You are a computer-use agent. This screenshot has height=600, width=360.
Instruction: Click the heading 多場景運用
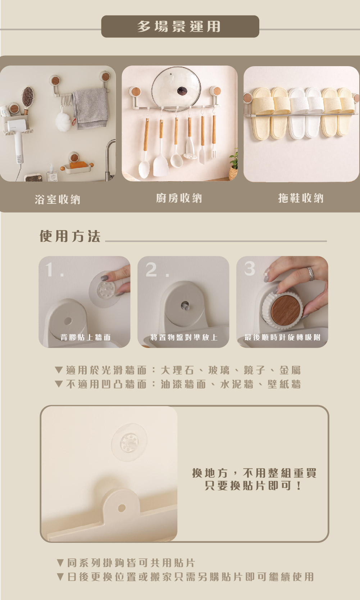coord(179,27)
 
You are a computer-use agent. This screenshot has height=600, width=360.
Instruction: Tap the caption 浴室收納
coord(58,200)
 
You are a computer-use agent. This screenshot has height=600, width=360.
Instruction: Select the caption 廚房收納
coord(179,198)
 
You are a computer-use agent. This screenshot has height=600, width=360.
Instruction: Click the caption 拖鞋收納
coord(301,198)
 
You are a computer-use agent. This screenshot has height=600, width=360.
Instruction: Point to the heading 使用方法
coord(70,236)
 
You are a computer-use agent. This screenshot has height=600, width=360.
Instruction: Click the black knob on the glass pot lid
coord(182,91)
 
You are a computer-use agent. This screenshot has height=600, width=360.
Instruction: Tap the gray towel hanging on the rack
coord(91,109)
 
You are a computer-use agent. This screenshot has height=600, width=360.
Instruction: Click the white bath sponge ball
coord(63,122)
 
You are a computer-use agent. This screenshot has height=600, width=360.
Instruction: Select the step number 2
coord(151,270)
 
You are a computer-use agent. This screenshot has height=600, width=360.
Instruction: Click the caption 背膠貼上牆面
coord(86,337)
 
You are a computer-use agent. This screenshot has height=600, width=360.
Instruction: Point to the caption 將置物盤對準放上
coord(184,337)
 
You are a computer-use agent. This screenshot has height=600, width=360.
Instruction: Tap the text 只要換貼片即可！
coord(253,486)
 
